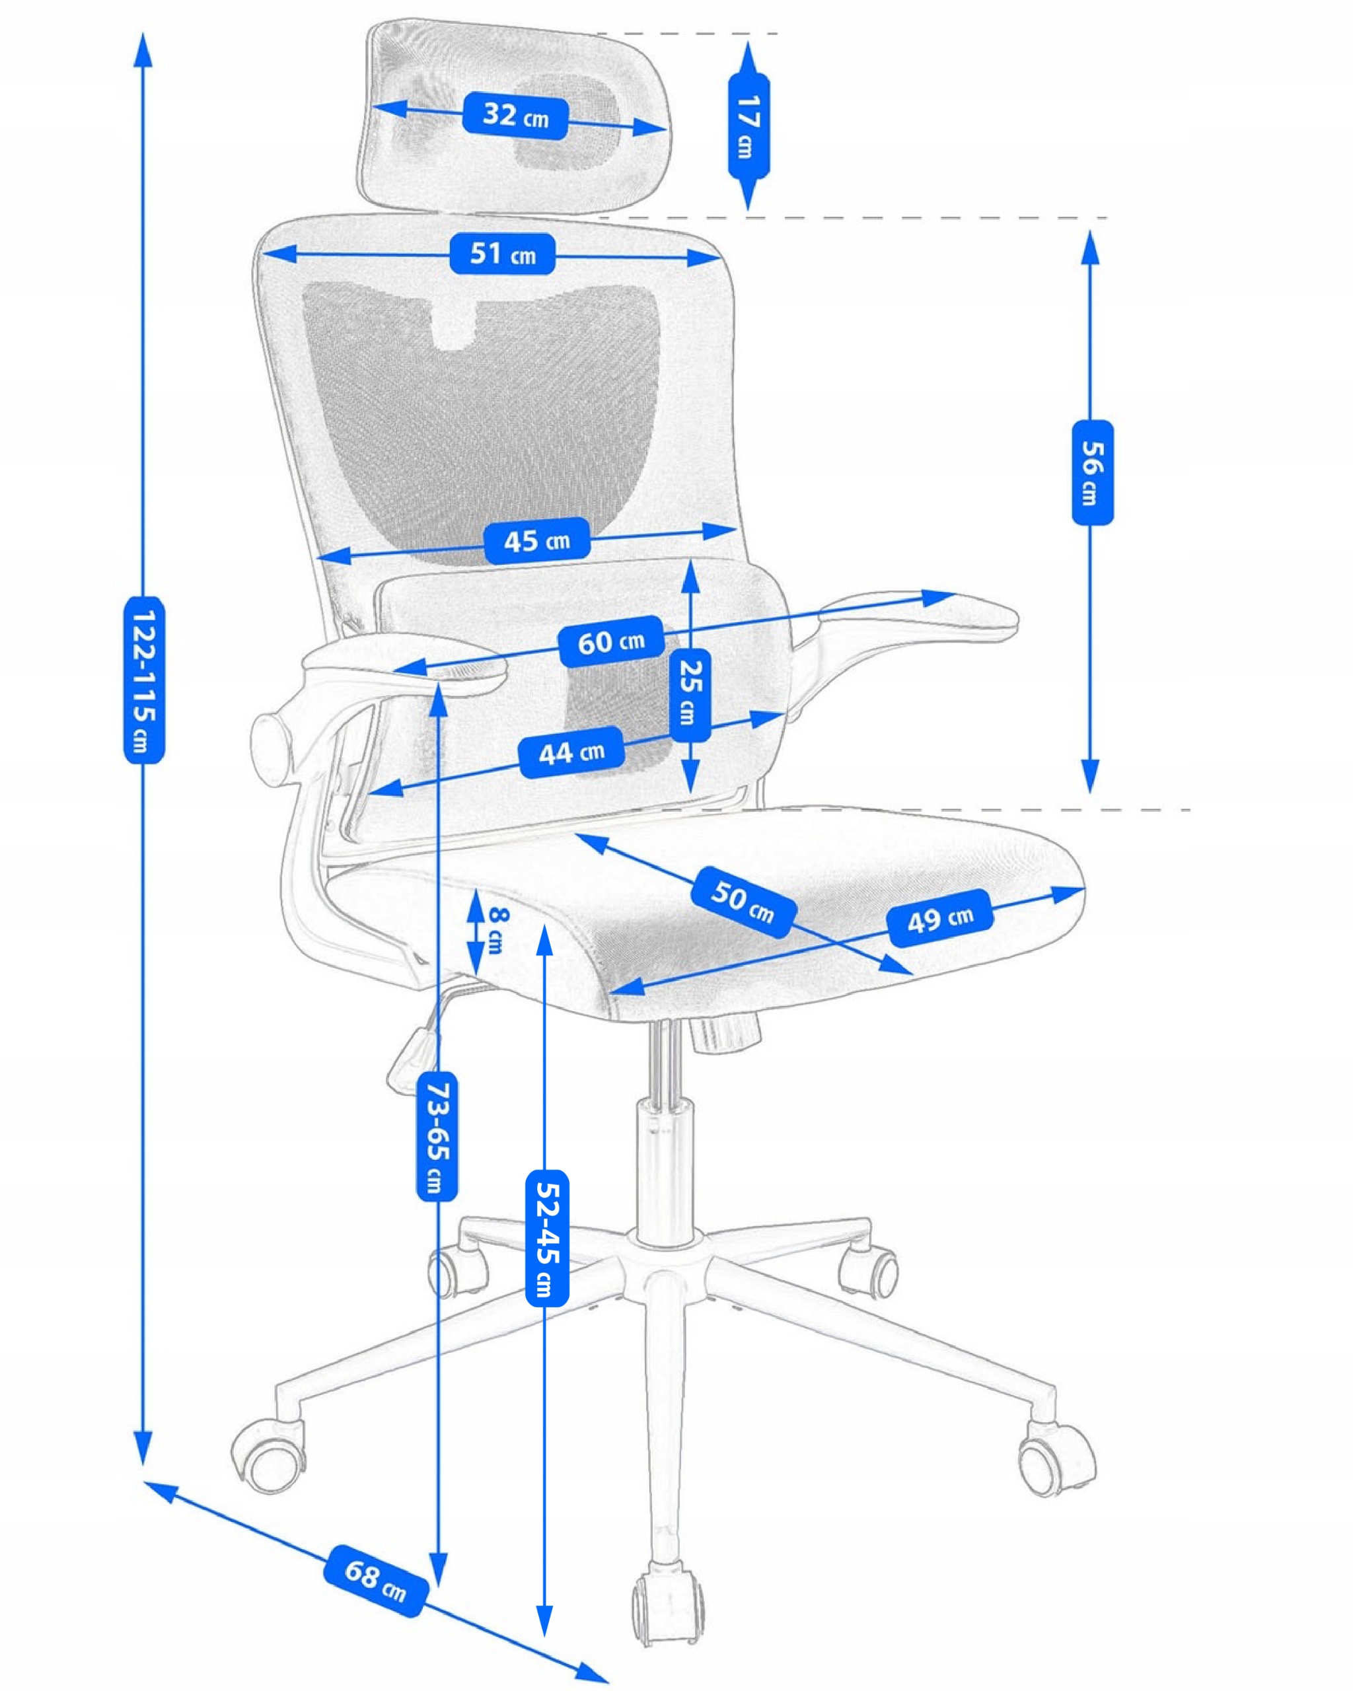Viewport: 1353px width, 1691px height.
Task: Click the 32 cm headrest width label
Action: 515,116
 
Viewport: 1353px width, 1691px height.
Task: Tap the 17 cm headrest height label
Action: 749,126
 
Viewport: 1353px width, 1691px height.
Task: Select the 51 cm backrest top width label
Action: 502,254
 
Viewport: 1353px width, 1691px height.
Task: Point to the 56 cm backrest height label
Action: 1092,472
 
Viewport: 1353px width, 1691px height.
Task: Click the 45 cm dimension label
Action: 536,540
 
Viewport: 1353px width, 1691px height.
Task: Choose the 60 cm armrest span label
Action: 611,641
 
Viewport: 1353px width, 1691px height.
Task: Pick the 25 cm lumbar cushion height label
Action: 690,695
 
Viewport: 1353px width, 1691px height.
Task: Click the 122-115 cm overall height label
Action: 143,680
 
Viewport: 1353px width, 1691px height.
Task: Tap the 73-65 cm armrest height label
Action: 436,1137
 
